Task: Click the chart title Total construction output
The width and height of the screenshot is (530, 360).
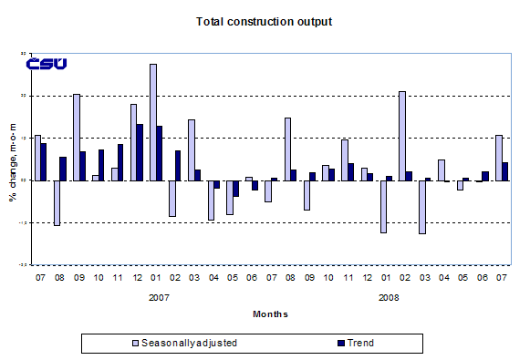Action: pos(264,20)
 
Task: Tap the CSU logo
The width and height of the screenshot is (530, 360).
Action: pos(46,64)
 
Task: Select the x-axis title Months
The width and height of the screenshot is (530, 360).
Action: pos(270,314)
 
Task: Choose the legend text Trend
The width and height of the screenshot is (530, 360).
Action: pos(359,344)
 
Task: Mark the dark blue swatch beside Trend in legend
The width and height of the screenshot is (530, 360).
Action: pos(333,344)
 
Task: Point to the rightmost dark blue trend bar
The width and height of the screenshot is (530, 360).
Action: pos(504,171)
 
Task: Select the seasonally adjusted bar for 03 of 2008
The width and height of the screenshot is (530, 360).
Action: pos(421,207)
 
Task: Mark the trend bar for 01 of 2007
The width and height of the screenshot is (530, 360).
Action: pos(159,153)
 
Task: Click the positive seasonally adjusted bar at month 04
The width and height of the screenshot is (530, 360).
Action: pos(441,170)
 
